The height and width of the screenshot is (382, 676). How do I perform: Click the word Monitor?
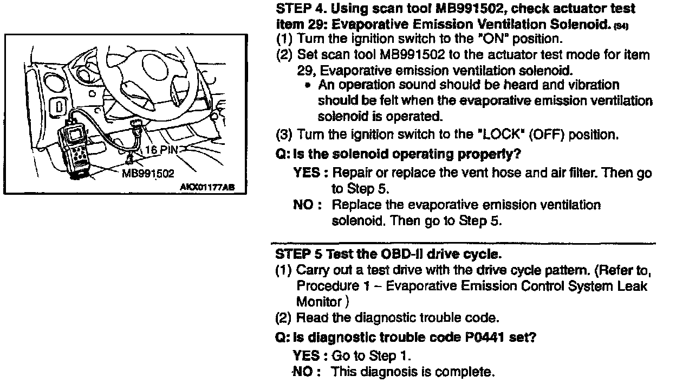[x=319, y=302]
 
